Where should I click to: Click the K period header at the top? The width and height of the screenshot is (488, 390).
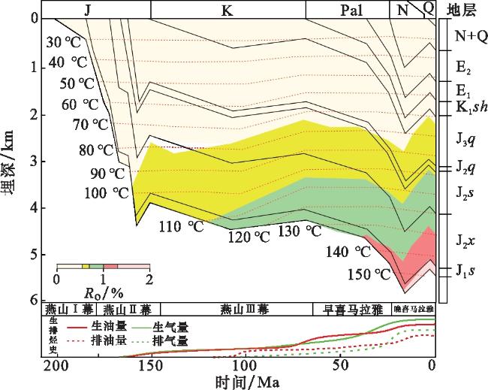[x=227, y=10]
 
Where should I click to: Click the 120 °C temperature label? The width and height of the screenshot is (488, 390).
[x=249, y=237]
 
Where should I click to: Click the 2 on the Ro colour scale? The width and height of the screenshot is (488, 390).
[x=149, y=280]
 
